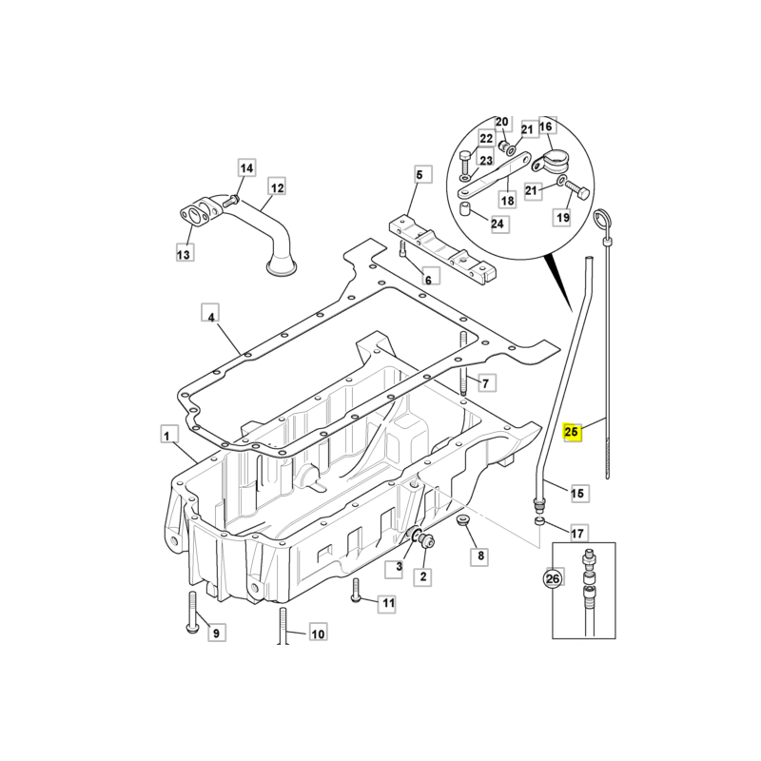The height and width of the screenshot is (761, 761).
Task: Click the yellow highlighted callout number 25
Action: point(572,433)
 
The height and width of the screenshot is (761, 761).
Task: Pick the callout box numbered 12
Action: point(276,188)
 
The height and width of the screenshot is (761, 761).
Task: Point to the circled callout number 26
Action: point(553,577)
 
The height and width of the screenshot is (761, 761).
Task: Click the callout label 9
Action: point(215,633)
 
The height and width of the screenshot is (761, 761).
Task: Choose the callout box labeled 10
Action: point(318,633)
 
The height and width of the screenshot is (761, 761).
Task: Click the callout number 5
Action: point(419,174)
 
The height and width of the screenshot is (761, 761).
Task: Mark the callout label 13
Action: point(184,253)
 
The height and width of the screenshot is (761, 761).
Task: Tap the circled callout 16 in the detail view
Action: point(546,127)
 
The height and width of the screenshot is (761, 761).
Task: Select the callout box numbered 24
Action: point(498,224)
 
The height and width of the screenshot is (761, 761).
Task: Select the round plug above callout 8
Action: point(464,521)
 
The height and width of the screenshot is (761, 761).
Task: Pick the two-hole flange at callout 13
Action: point(195,214)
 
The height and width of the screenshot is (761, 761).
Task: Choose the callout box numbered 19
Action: point(563,218)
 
